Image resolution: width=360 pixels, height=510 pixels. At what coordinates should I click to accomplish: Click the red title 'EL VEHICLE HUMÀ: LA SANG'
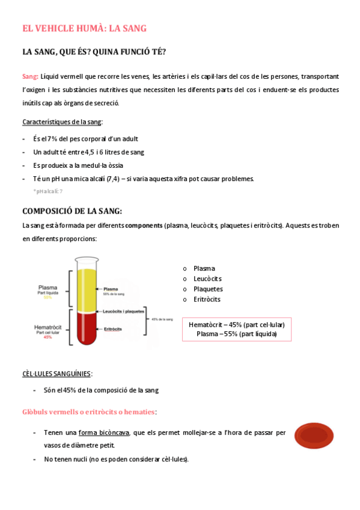click(x=84, y=28)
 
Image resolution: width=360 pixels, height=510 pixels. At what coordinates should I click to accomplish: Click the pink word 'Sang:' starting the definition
click(x=30, y=76)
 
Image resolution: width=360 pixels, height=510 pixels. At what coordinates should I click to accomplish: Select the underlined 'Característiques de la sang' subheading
click(x=62, y=121)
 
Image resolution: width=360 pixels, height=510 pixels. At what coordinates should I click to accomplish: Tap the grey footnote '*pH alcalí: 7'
click(x=48, y=191)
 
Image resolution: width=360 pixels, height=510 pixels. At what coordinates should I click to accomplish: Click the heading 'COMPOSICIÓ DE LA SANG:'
click(x=72, y=211)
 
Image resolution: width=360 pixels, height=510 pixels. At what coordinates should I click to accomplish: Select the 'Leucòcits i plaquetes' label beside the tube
click(x=123, y=312)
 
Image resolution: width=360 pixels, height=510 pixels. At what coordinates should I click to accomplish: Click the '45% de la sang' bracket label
click(x=162, y=319)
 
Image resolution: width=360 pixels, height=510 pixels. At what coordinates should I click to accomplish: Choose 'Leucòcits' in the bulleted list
click(x=207, y=278)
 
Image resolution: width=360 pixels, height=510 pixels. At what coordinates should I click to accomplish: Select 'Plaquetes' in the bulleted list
click(x=208, y=289)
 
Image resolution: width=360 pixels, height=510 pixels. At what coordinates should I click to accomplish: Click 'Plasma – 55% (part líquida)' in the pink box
click(x=236, y=334)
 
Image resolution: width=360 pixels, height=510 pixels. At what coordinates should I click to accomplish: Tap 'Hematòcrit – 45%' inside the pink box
click(x=216, y=325)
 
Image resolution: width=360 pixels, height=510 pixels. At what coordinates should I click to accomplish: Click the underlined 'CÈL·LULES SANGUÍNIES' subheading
click(x=57, y=373)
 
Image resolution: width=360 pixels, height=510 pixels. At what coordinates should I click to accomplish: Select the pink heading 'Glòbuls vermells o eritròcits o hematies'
click(x=88, y=412)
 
